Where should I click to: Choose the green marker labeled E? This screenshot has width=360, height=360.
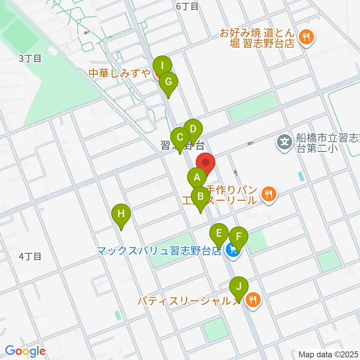coord(219,233)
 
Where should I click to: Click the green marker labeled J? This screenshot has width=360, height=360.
coord(239,287)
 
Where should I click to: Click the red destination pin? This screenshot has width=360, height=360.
coord(205,163)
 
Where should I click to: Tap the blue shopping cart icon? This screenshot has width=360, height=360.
coord(232,250)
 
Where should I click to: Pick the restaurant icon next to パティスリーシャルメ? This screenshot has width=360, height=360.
coord(253,300)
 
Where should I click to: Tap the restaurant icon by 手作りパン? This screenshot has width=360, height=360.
coord(268,193)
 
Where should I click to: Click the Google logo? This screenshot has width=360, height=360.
coord(25,351)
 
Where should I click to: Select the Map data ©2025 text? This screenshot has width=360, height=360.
coord(328,354)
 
